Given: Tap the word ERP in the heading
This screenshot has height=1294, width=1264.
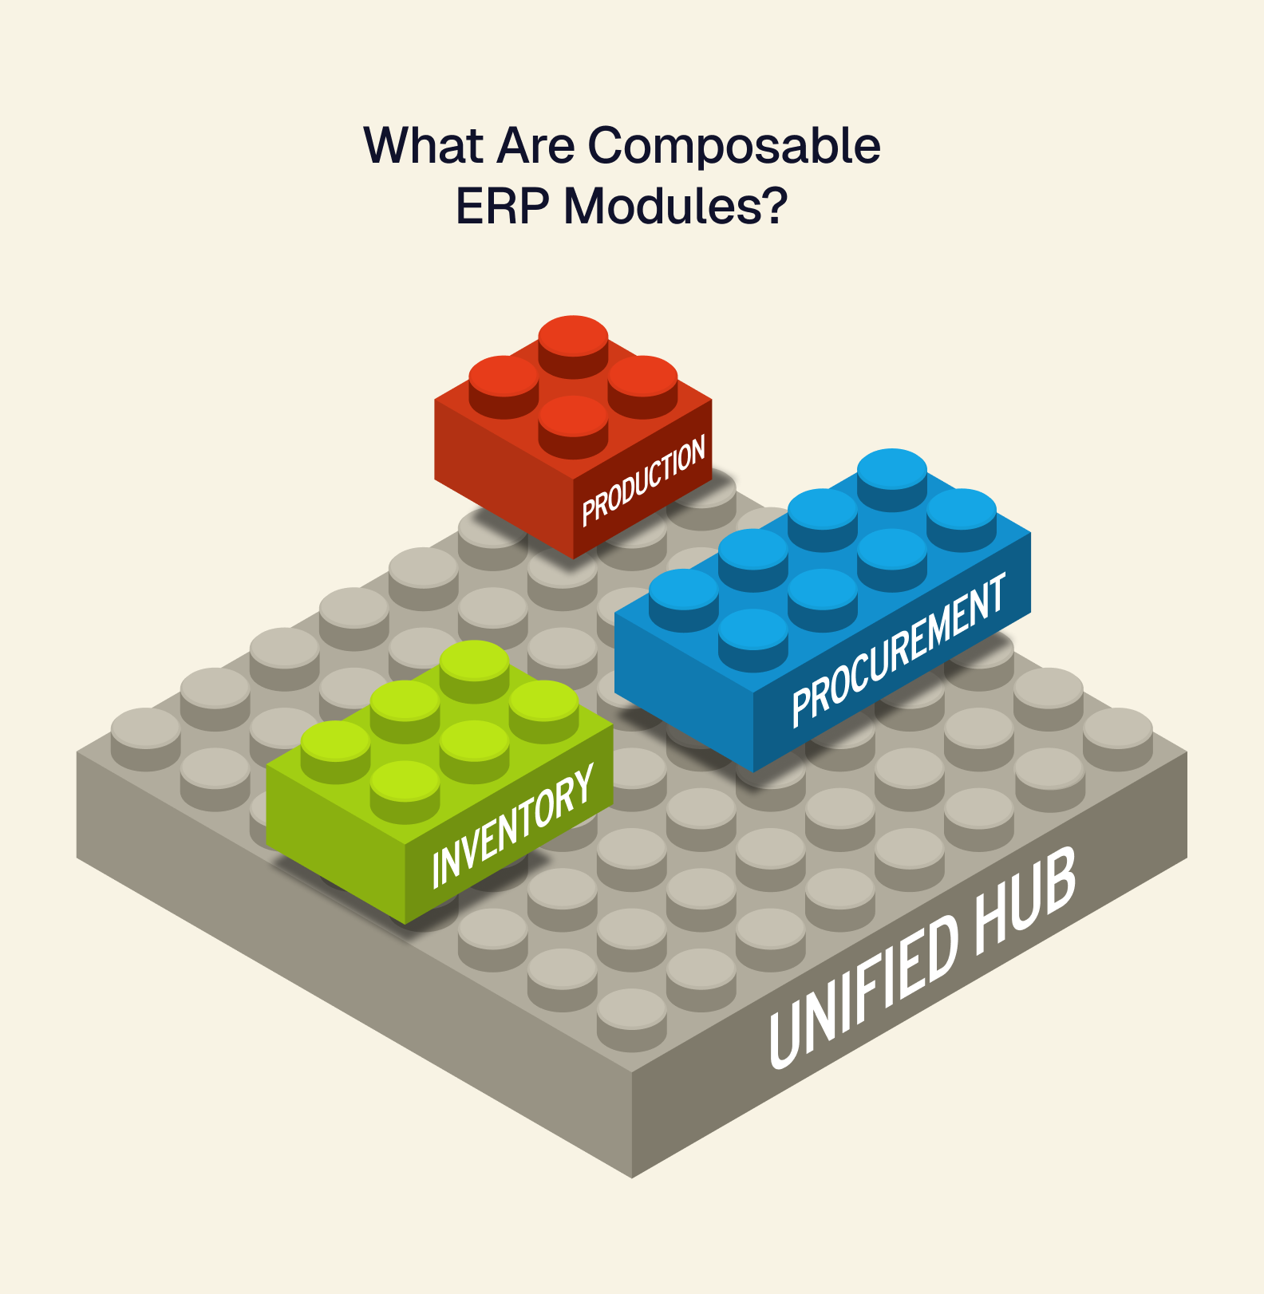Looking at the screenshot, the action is [x=502, y=207].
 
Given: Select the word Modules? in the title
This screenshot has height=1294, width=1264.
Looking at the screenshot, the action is [x=676, y=207].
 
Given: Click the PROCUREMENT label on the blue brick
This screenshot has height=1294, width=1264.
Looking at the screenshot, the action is [x=899, y=650].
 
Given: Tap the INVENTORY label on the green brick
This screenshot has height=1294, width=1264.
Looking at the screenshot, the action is [x=512, y=826].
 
